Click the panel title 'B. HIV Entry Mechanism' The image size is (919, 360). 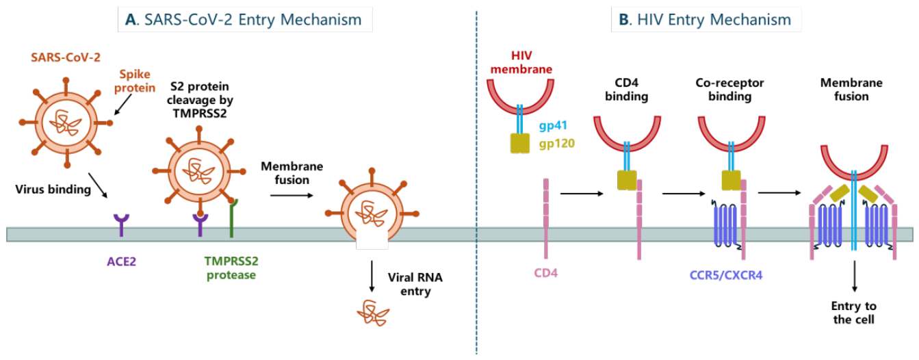(x=705, y=20)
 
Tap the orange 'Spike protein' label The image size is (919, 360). (x=135, y=81)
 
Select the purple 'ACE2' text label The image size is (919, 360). (x=121, y=261)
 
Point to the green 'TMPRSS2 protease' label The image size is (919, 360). (x=231, y=268)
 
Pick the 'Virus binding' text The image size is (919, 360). (x=53, y=189)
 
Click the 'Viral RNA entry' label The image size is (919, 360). (x=415, y=284)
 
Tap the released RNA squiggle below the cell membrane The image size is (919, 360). (x=373, y=313)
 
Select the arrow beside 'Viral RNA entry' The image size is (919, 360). (x=372, y=277)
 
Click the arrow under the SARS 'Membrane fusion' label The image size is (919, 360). (x=292, y=195)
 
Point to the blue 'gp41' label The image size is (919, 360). (x=553, y=126)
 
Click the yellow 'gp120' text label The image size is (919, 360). (x=557, y=144)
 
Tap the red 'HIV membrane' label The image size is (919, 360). (x=521, y=62)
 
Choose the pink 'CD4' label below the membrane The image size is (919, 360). (x=545, y=273)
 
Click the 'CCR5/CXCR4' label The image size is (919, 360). (x=726, y=275)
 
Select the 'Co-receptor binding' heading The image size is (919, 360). (x=729, y=90)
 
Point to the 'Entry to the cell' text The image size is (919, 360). (x=854, y=313)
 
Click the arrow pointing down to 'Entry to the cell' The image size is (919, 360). (x=855, y=277)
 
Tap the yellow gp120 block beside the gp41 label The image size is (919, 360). (x=520, y=143)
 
